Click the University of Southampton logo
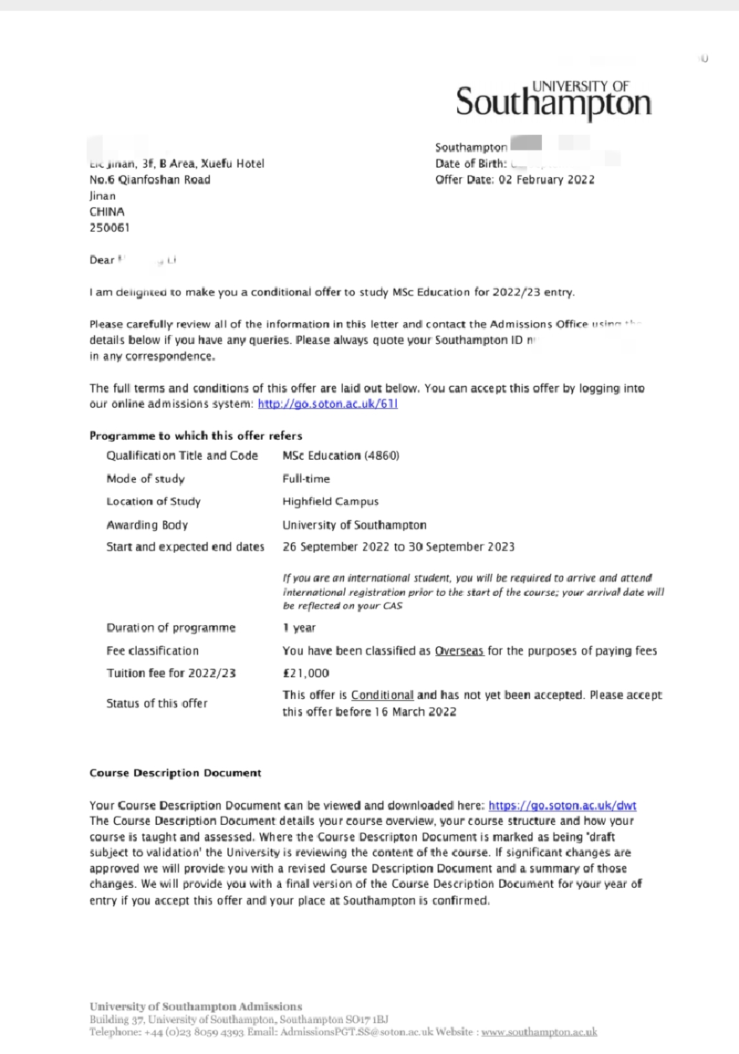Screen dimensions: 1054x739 553,100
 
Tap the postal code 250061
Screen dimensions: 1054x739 109,228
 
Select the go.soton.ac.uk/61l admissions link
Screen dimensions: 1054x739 328,404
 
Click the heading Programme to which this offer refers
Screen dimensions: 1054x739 196,436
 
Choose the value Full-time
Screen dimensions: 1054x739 306,479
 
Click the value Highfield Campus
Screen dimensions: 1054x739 330,501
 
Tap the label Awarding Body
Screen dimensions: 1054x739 147,525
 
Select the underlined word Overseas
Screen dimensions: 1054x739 459,650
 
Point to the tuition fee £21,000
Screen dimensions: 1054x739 306,673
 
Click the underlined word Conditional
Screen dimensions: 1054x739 382,695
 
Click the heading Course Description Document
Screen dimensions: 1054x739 175,773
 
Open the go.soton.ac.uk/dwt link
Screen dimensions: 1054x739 562,806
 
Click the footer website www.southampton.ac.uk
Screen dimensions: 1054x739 539,1031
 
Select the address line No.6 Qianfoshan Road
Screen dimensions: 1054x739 150,180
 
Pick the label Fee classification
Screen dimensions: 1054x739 153,650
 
